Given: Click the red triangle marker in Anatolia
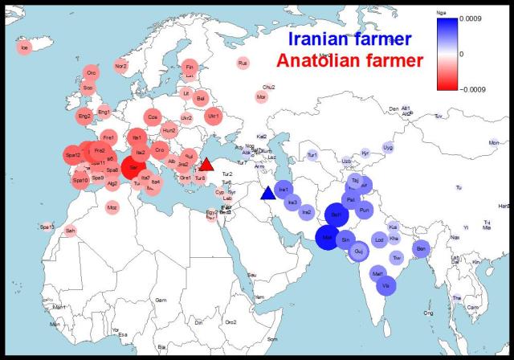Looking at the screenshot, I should [x=206, y=164].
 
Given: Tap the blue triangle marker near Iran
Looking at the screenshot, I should [x=267, y=193].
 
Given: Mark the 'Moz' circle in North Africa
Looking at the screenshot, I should [x=112, y=207].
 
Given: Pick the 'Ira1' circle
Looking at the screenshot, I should [x=284, y=190].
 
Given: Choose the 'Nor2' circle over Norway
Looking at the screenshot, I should [x=121, y=66].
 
